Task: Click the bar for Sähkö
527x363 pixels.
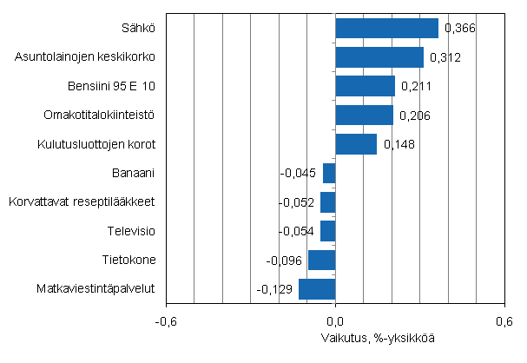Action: [386, 29]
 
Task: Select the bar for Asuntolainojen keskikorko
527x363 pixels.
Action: [379, 57]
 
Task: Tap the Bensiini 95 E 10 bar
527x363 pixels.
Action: [365, 86]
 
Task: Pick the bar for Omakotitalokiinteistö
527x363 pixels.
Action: [364, 115]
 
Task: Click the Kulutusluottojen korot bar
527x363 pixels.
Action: [356, 143]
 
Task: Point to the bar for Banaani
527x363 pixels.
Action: [329, 173]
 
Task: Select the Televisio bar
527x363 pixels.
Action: [328, 230]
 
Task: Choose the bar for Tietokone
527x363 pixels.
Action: [322, 260]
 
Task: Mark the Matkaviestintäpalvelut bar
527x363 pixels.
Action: [317, 288]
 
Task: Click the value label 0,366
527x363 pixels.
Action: [459, 30]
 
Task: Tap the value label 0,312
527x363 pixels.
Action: [444, 58]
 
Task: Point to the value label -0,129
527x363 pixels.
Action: [275, 289]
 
